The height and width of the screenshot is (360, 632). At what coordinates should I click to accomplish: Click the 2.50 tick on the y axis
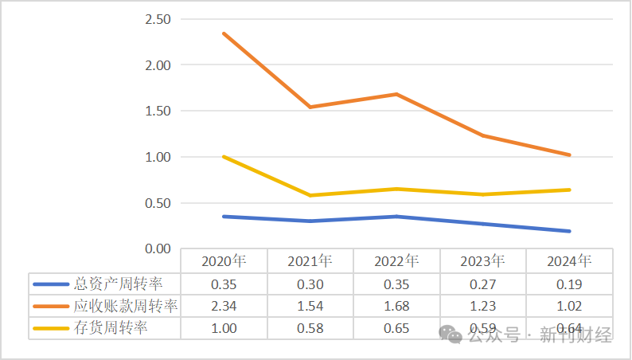(160, 19)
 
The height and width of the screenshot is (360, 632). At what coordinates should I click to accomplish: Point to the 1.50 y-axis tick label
(160, 111)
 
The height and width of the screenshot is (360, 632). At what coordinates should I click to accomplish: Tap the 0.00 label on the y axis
(160, 249)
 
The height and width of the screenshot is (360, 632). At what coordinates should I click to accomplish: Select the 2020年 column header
(224, 261)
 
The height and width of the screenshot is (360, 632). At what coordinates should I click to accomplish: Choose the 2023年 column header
(483, 261)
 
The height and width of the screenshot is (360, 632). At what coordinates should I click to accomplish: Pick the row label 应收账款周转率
(125, 306)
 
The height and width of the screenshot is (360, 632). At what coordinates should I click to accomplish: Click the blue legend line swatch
(51, 284)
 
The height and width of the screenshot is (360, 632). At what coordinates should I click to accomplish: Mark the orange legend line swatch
(51, 306)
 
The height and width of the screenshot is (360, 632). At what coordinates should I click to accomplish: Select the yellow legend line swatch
(51, 327)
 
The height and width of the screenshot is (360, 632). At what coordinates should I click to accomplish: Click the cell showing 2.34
(224, 306)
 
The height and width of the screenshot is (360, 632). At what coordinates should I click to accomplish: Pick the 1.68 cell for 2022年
(396, 306)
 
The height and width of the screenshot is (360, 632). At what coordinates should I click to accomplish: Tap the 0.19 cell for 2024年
(569, 284)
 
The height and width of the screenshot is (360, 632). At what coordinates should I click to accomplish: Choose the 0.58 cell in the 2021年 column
(310, 327)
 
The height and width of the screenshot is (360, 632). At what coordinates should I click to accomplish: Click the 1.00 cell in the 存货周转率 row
(224, 327)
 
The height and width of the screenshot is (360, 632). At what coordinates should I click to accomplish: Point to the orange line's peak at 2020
(224, 33)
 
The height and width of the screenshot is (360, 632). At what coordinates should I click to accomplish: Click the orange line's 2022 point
(396, 94)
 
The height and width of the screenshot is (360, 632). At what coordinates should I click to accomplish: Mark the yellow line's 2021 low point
(310, 195)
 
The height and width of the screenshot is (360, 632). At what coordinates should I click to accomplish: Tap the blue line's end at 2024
(569, 231)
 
